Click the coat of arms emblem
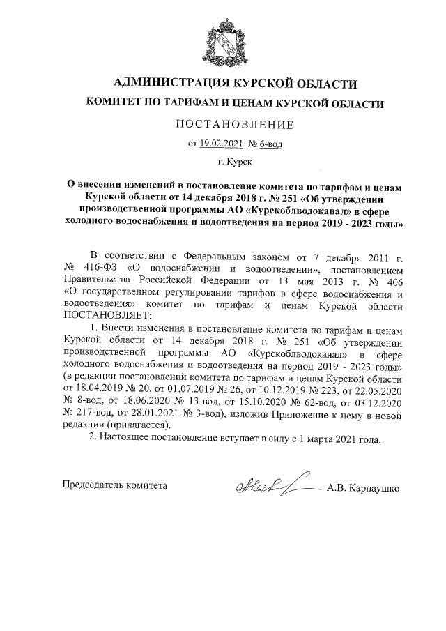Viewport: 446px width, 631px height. point(223,42)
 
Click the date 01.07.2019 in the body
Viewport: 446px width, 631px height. point(188,387)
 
